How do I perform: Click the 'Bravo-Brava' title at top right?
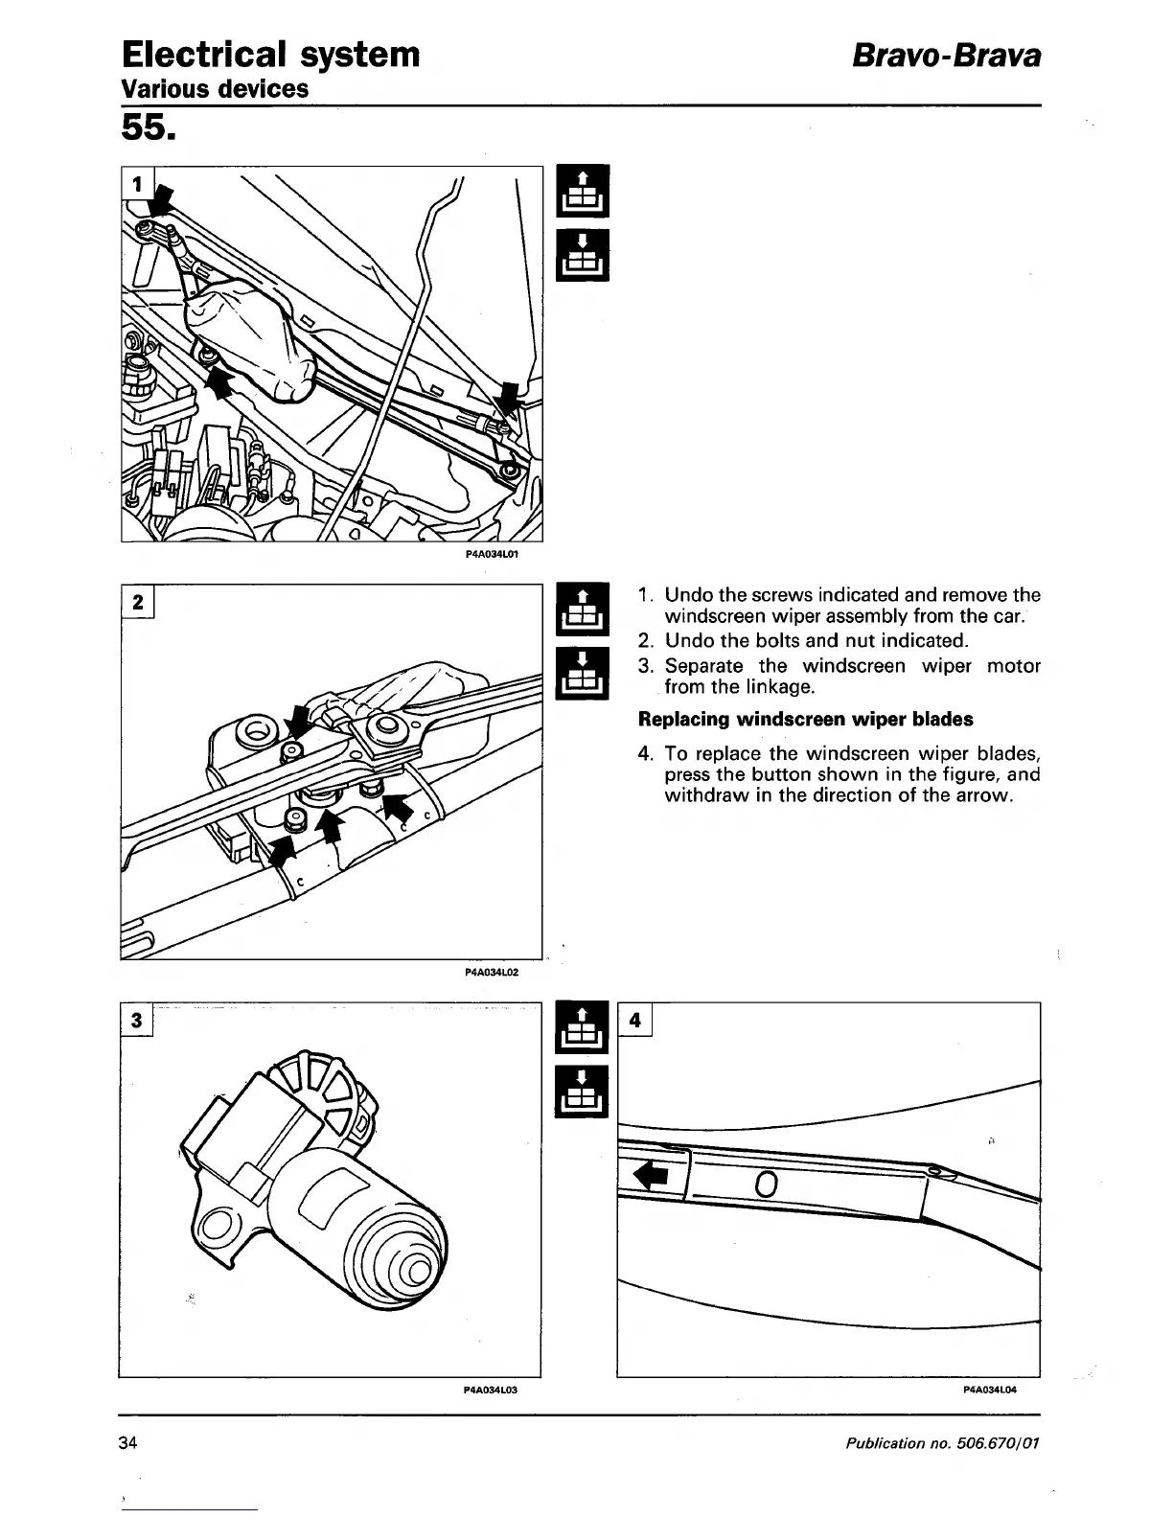(x=947, y=56)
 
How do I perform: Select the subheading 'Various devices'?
(x=216, y=89)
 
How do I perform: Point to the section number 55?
(x=148, y=126)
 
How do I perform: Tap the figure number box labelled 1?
(x=138, y=183)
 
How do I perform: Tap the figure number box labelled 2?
(x=138, y=602)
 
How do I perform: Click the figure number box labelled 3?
(x=137, y=1019)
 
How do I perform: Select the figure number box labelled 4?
(x=635, y=1020)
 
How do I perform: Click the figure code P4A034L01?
(x=492, y=554)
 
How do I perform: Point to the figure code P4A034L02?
(x=492, y=972)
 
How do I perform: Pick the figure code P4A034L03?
(x=491, y=1390)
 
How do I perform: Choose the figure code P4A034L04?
(x=989, y=1390)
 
